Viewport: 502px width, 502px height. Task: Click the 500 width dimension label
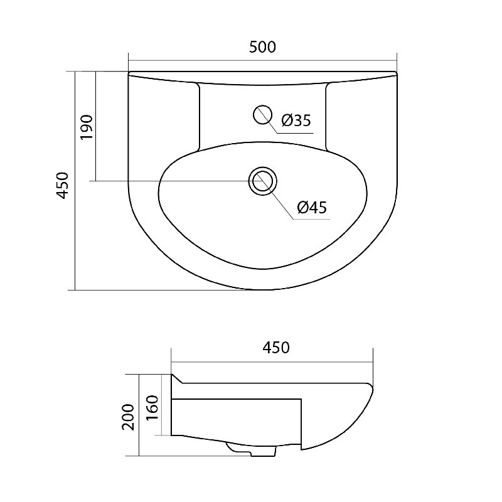tap(262, 47)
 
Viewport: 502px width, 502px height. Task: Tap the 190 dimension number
tap(87, 127)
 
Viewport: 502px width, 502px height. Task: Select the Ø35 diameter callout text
tap(296, 120)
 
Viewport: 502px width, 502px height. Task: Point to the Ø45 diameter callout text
tap(312, 208)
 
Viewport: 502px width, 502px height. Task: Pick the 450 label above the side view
tap(276, 348)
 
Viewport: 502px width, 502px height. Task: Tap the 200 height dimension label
tap(128, 417)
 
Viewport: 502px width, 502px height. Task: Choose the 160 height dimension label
tap(152, 408)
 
